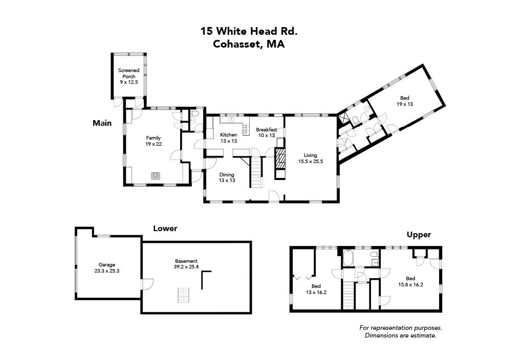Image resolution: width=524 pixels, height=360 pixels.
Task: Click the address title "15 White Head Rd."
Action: (x=249, y=31)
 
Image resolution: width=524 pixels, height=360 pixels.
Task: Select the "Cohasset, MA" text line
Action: (x=249, y=44)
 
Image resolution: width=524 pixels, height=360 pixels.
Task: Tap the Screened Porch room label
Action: (x=128, y=76)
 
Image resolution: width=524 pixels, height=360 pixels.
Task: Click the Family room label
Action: (x=154, y=141)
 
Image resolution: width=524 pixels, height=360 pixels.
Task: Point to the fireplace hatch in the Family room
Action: (x=156, y=176)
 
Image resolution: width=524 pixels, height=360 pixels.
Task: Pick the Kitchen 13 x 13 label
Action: (x=228, y=138)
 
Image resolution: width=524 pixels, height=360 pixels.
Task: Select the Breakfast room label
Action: (x=266, y=132)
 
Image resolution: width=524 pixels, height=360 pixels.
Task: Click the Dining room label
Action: (x=227, y=177)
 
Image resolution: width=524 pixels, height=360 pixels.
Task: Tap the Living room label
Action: (x=310, y=158)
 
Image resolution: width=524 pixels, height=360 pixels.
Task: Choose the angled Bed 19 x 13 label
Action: (x=404, y=101)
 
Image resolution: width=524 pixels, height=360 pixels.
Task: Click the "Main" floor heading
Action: (x=102, y=123)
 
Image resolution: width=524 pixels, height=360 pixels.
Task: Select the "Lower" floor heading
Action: (x=165, y=229)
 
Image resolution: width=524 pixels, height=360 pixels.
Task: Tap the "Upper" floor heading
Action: (x=419, y=235)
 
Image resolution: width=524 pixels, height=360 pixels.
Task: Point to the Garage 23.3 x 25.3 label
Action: (x=107, y=268)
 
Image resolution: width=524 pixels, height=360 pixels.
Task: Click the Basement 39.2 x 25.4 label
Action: (x=185, y=263)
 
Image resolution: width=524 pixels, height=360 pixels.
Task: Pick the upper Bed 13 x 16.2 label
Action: (x=316, y=289)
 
